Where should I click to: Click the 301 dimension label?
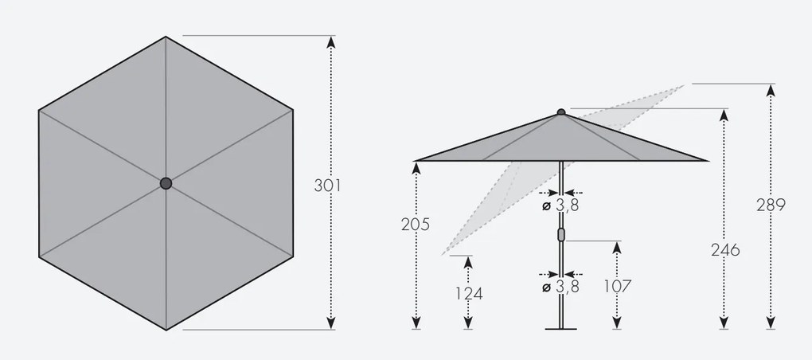point(327,186)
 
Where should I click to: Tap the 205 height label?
point(416,225)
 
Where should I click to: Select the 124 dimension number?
point(469,292)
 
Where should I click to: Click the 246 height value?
point(724,250)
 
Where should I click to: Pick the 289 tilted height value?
point(771,205)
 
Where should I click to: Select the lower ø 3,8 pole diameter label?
point(560,287)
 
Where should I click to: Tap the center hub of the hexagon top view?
point(166,183)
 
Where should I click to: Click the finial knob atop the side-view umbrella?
point(560,112)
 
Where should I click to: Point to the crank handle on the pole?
point(560,235)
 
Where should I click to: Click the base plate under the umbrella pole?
point(560,326)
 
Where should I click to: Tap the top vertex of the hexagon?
point(166,37)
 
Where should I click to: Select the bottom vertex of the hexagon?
point(166,329)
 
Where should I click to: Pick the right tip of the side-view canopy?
point(706,161)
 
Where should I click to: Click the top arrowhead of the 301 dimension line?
point(331,41)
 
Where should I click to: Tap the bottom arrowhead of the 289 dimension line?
point(771,323)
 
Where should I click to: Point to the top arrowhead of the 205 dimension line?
point(416,167)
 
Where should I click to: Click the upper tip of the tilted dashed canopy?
point(684,85)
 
